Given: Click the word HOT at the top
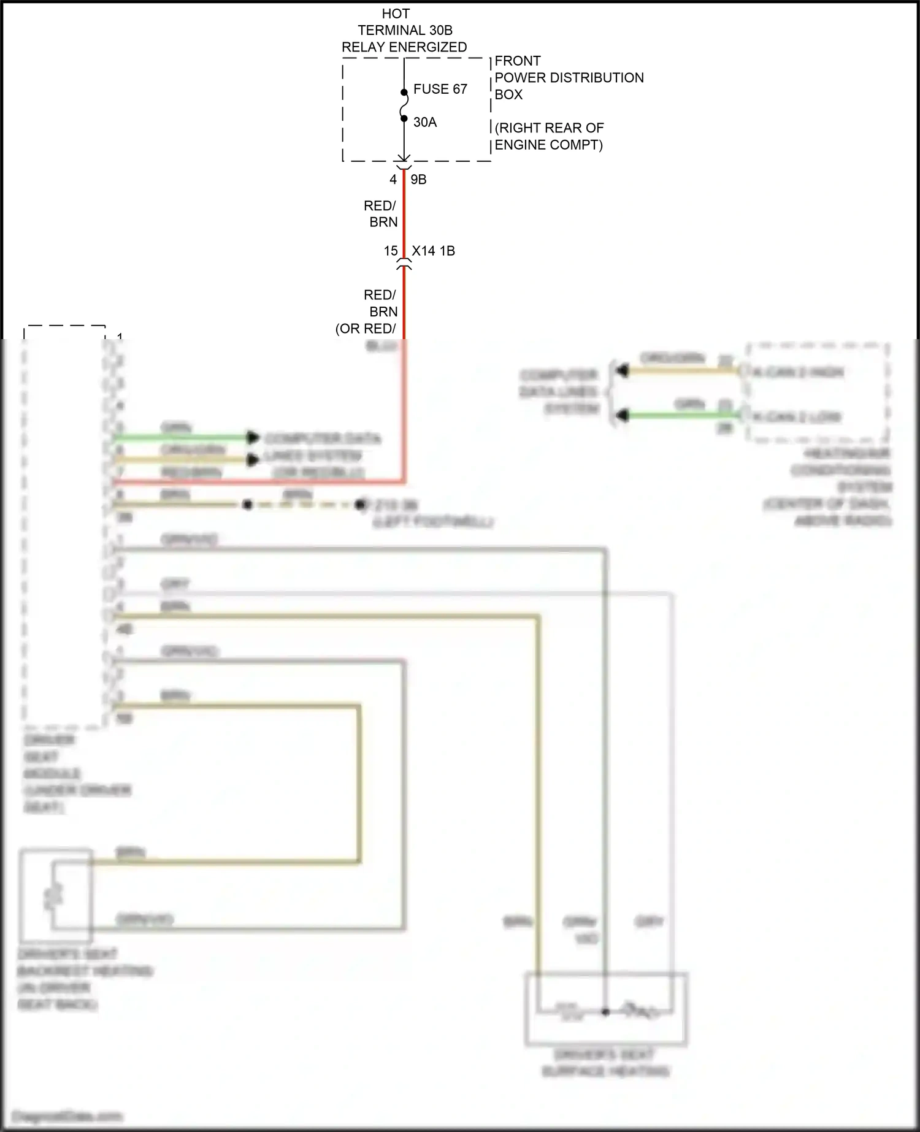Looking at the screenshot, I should point(396,13).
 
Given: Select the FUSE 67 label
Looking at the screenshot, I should point(440,89).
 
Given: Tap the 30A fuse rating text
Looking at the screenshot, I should point(425,122).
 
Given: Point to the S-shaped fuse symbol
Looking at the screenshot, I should point(404,105).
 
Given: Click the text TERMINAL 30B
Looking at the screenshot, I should point(405,30).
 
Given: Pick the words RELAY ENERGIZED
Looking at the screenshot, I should point(404,47).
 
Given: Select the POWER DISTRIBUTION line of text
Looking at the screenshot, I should point(569,78).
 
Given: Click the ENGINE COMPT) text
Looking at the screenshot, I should point(548,145).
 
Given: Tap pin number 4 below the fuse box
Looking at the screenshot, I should point(393,180).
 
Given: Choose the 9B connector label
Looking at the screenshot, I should point(418,180).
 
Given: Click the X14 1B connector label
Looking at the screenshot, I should point(433,251).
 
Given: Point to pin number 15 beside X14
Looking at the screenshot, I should point(391,251).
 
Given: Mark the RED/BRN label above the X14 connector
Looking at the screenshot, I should point(380,213).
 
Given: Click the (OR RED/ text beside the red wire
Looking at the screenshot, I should point(366,329).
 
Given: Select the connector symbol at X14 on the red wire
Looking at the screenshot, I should point(404,265).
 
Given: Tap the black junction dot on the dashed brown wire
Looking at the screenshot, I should point(247,505).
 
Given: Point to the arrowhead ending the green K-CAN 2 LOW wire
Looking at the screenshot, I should point(623,416).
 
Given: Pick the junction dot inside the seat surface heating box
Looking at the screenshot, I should point(605,1011).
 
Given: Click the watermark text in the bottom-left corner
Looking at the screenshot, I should point(67,1116).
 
